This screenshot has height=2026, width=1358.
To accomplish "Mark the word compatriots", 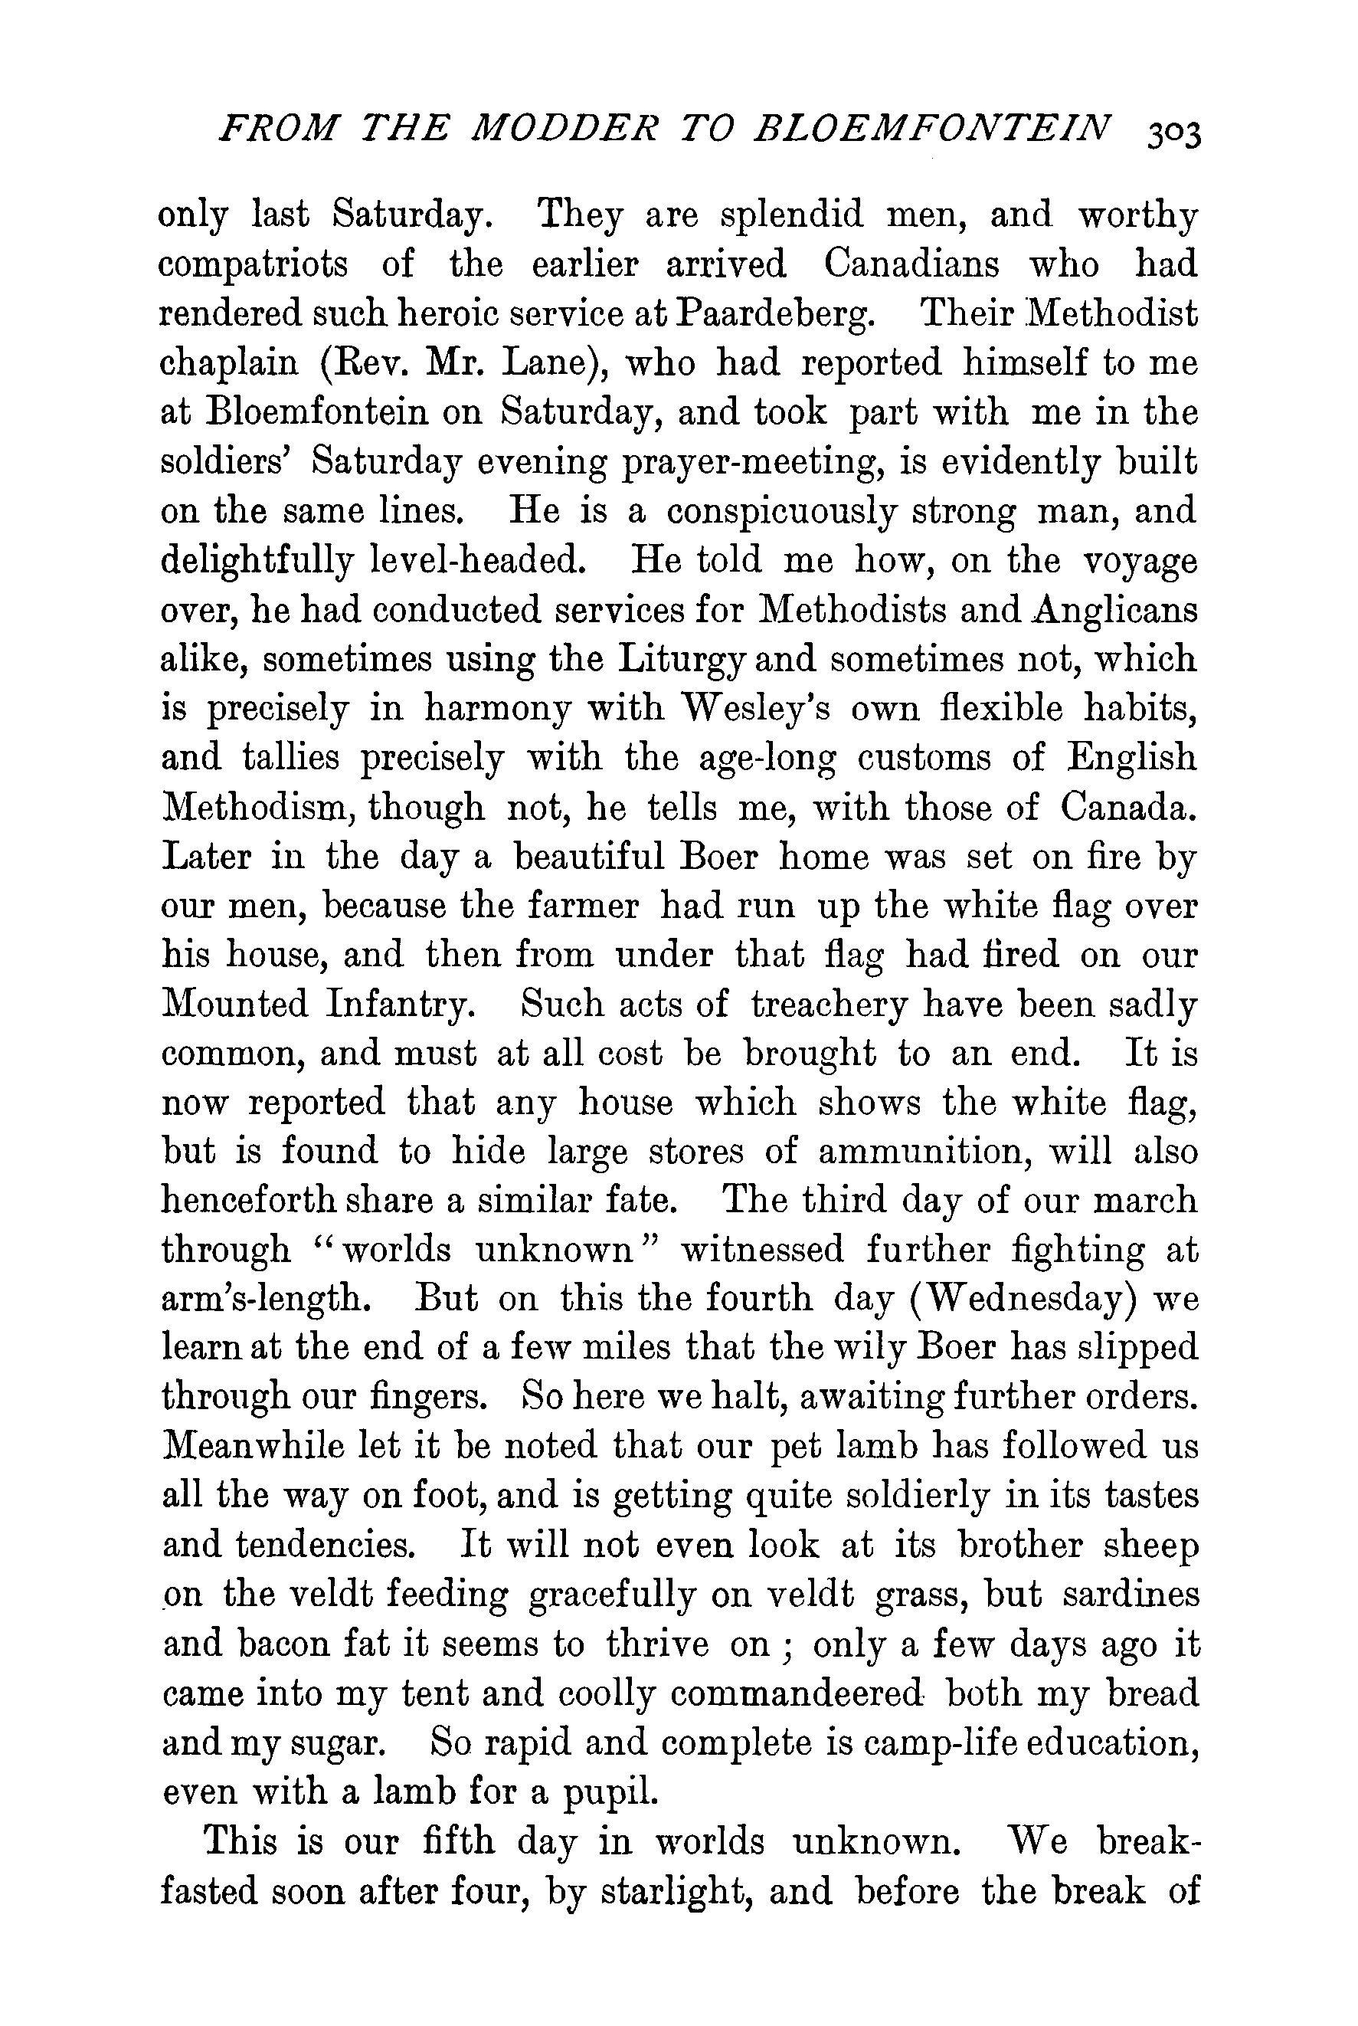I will tap(254, 265).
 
